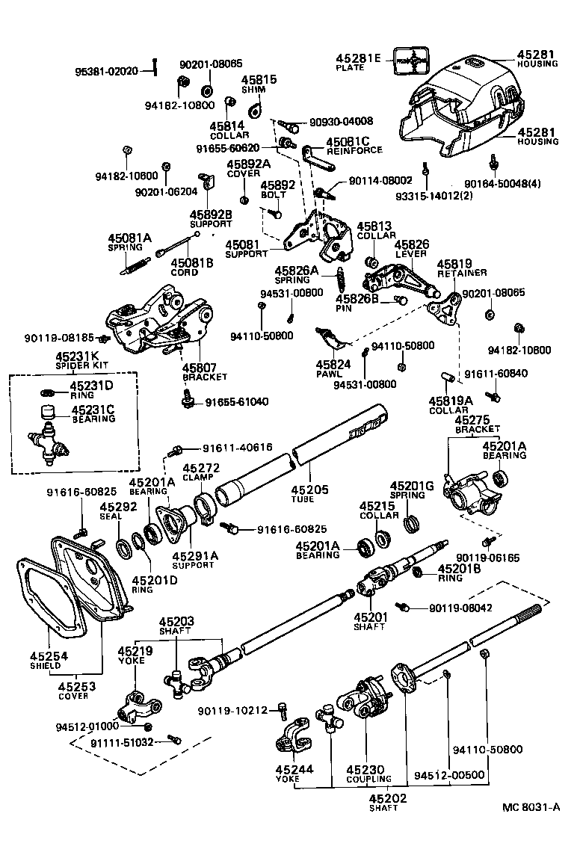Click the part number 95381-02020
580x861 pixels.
pos(107,72)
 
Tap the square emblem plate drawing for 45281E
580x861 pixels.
pos(410,61)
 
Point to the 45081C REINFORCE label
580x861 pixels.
pos(354,145)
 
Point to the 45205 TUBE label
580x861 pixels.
pos(310,493)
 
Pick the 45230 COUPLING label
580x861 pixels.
pos(368,774)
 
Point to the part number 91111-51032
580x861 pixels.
pos(123,742)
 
